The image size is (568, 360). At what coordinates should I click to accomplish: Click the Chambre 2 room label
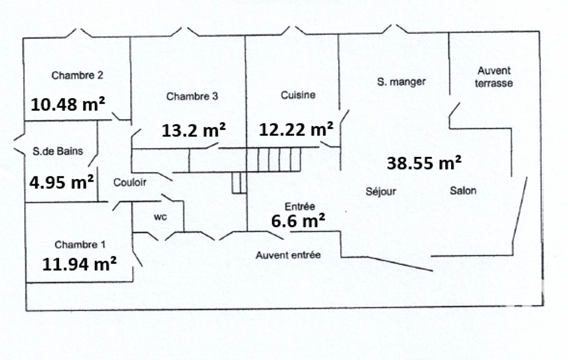pos(77,75)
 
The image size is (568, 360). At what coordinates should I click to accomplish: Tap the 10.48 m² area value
pos(68,105)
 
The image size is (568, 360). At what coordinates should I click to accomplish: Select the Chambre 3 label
pos(192,96)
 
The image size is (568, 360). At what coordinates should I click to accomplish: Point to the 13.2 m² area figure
pos(193,130)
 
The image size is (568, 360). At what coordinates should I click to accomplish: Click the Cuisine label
pos(298,95)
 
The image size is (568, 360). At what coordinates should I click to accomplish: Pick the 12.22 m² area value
pos(296,129)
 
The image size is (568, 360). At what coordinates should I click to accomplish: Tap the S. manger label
pos(401,82)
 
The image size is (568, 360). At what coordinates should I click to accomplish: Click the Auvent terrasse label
pos(494,77)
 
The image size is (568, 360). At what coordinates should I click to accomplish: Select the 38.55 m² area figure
pos(424,163)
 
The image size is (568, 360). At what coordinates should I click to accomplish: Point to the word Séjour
pos(381,191)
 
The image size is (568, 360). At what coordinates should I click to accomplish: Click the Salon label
pos(463,191)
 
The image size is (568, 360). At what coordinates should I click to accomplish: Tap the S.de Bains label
pos(58,151)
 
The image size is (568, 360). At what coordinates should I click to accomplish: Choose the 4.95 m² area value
pos(62,182)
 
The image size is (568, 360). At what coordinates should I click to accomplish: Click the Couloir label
pos(130,182)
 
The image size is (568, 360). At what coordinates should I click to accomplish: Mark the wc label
pos(160,217)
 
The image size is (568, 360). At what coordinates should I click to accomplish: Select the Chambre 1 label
pos(80,245)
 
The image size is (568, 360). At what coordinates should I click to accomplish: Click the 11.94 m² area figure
pos(79,264)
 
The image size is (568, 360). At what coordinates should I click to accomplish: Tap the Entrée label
pos(300,207)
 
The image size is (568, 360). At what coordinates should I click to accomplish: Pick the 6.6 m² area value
pos(298,220)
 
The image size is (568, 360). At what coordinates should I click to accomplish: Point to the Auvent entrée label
pos(288,255)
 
